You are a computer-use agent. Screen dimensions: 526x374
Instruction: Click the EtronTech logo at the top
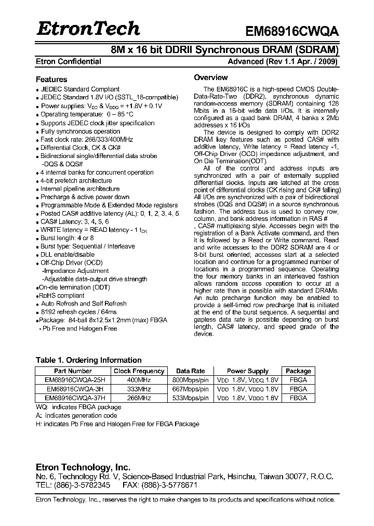[88, 29]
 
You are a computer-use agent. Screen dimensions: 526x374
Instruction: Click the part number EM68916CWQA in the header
[292, 31]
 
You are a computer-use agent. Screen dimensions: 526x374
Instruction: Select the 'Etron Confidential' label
[68, 61]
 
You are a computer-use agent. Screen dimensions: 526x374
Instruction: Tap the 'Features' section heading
[51, 80]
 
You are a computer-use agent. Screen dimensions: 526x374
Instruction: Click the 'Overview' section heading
[211, 77]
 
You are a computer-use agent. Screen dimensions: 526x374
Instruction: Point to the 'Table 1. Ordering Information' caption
[88, 360]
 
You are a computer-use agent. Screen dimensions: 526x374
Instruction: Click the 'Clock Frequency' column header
[139, 371]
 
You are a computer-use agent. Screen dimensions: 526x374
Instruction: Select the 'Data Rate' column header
[191, 371]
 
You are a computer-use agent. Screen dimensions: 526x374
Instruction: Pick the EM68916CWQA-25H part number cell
[73, 380]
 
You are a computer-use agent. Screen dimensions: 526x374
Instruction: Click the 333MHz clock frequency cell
[139, 389]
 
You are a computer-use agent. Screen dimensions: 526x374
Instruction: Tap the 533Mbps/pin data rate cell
[191, 398]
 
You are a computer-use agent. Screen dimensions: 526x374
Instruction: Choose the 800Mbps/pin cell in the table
[191, 380]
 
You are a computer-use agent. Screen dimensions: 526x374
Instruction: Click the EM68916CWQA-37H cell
[73, 398]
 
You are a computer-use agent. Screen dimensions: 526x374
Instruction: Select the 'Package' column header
[298, 371]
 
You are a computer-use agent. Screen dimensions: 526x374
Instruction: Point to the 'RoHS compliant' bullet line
[62, 295]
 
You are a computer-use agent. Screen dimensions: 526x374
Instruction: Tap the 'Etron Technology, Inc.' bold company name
[83, 467]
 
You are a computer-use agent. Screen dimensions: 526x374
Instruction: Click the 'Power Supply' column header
[248, 371]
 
